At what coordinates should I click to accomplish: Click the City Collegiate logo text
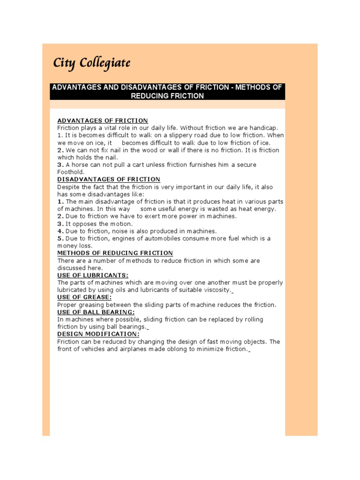click(x=91, y=63)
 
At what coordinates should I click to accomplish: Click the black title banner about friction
click(x=167, y=91)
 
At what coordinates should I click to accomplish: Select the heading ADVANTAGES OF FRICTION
click(x=102, y=120)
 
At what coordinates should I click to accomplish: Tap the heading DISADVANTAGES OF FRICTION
click(x=108, y=179)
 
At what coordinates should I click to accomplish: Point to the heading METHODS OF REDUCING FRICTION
click(x=115, y=253)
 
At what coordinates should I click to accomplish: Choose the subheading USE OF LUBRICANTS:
click(x=93, y=275)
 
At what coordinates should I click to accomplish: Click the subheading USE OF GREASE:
click(x=84, y=297)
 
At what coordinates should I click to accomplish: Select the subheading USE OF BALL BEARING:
click(x=96, y=312)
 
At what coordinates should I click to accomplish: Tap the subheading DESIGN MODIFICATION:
click(x=98, y=334)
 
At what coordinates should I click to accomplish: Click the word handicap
click(x=264, y=128)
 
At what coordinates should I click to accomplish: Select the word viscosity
click(x=216, y=290)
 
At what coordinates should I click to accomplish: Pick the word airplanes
click(x=130, y=349)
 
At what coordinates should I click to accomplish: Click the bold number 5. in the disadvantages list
click(x=60, y=239)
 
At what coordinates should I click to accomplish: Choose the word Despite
click(x=68, y=187)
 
